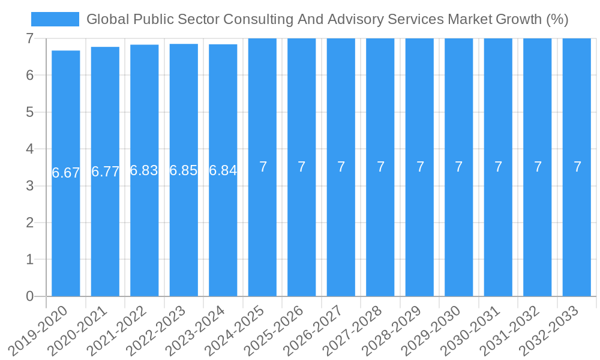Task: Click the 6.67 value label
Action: point(65,173)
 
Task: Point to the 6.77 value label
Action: point(105,172)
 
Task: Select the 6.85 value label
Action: point(184,170)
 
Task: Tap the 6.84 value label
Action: point(223,170)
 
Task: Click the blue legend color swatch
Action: point(55,19)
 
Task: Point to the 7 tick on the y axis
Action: point(29,38)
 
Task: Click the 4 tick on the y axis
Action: point(29,149)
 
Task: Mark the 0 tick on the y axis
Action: point(29,296)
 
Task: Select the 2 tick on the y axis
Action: point(29,223)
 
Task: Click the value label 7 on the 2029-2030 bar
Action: point(459,167)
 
